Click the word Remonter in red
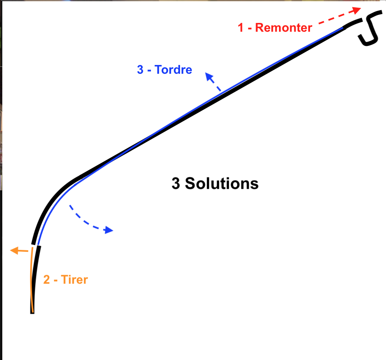pyautogui.click(x=284, y=28)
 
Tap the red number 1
pyautogui.click(x=241, y=28)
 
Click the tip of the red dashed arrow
pyautogui.click(x=361, y=8)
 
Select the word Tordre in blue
pyautogui.click(x=173, y=70)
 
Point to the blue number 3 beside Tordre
pyautogui.click(x=140, y=70)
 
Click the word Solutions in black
pyautogui.click(x=222, y=183)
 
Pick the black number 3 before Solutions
pyautogui.click(x=176, y=183)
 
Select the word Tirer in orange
pyautogui.click(x=75, y=280)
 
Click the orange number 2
pyautogui.click(x=47, y=280)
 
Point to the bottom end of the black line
pyautogui.click(x=32, y=313)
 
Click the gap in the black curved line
pyautogui.click(x=36, y=245)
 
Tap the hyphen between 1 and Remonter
pyautogui.click(x=250, y=29)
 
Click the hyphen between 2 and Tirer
pyautogui.click(x=56, y=281)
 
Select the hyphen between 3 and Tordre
pyautogui.click(x=149, y=71)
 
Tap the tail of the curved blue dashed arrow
pyautogui.click(x=70, y=205)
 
